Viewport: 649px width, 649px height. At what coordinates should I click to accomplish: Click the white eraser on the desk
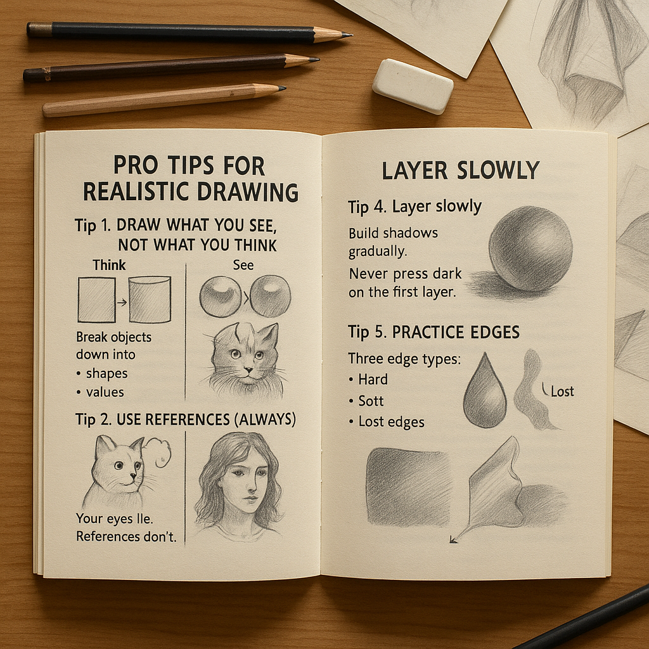(x=413, y=86)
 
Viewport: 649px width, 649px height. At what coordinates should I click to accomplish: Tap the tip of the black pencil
(x=351, y=35)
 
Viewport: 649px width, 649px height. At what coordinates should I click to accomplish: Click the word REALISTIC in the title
(x=136, y=192)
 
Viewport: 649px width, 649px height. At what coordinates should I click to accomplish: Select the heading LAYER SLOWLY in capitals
(x=460, y=170)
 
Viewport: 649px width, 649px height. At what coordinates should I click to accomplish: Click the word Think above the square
(x=109, y=265)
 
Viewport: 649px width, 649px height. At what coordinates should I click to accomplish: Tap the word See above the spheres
(x=243, y=265)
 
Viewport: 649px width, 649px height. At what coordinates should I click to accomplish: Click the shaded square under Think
(x=96, y=300)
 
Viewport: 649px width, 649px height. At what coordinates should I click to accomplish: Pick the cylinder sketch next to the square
(x=150, y=300)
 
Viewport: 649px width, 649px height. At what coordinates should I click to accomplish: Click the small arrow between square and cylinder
(x=122, y=302)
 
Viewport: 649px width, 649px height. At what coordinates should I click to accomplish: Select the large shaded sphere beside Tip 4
(x=530, y=248)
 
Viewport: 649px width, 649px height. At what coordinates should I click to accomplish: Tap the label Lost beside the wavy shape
(x=562, y=391)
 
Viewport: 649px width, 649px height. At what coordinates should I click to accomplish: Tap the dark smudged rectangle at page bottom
(x=408, y=487)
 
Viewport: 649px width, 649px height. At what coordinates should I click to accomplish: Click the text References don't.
(x=126, y=536)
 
